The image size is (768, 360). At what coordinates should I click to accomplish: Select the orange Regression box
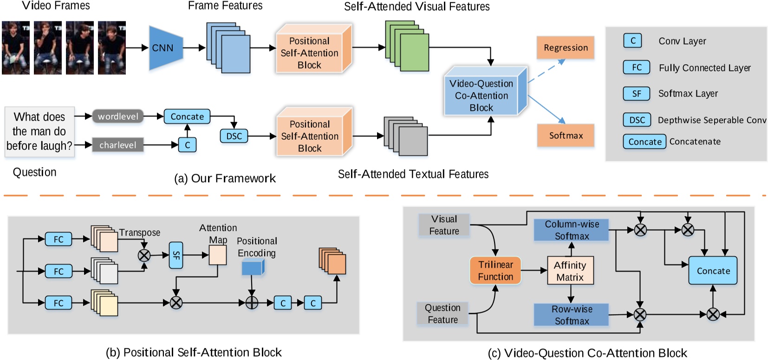click(x=565, y=48)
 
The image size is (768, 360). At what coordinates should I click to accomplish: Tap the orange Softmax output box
click(x=565, y=136)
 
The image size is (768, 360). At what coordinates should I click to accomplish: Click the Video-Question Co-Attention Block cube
click(x=482, y=96)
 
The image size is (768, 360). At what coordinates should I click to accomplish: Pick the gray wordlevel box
click(x=118, y=117)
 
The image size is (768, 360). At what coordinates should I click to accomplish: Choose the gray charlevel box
click(x=117, y=145)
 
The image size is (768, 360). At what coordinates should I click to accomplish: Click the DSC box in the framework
click(x=234, y=136)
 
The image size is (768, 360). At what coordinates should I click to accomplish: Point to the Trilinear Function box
click(x=495, y=270)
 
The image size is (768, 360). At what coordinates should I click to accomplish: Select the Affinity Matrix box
click(x=570, y=271)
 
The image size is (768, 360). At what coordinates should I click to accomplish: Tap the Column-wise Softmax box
click(x=571, y=230)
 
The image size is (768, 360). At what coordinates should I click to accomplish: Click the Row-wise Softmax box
click(x=571, y=315)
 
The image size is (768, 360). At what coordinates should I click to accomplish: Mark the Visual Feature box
click(x=444, y=225)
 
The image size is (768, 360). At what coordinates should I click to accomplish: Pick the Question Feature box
click(x=443, y=314)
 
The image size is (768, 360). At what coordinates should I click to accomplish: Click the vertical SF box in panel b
click(x=176, y=255)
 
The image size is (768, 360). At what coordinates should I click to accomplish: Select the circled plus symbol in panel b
click(x=251, y=303)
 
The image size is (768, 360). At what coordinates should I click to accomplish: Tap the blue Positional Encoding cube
click(x=253, y=268)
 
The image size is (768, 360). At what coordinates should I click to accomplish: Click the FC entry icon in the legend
click(x=636, y=67)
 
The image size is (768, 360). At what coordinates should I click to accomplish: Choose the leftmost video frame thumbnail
click(x=15, y=48)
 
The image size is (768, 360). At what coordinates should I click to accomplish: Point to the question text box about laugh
click(x=39, y=131)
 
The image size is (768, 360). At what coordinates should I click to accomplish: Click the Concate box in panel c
click(x=713, y=271)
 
